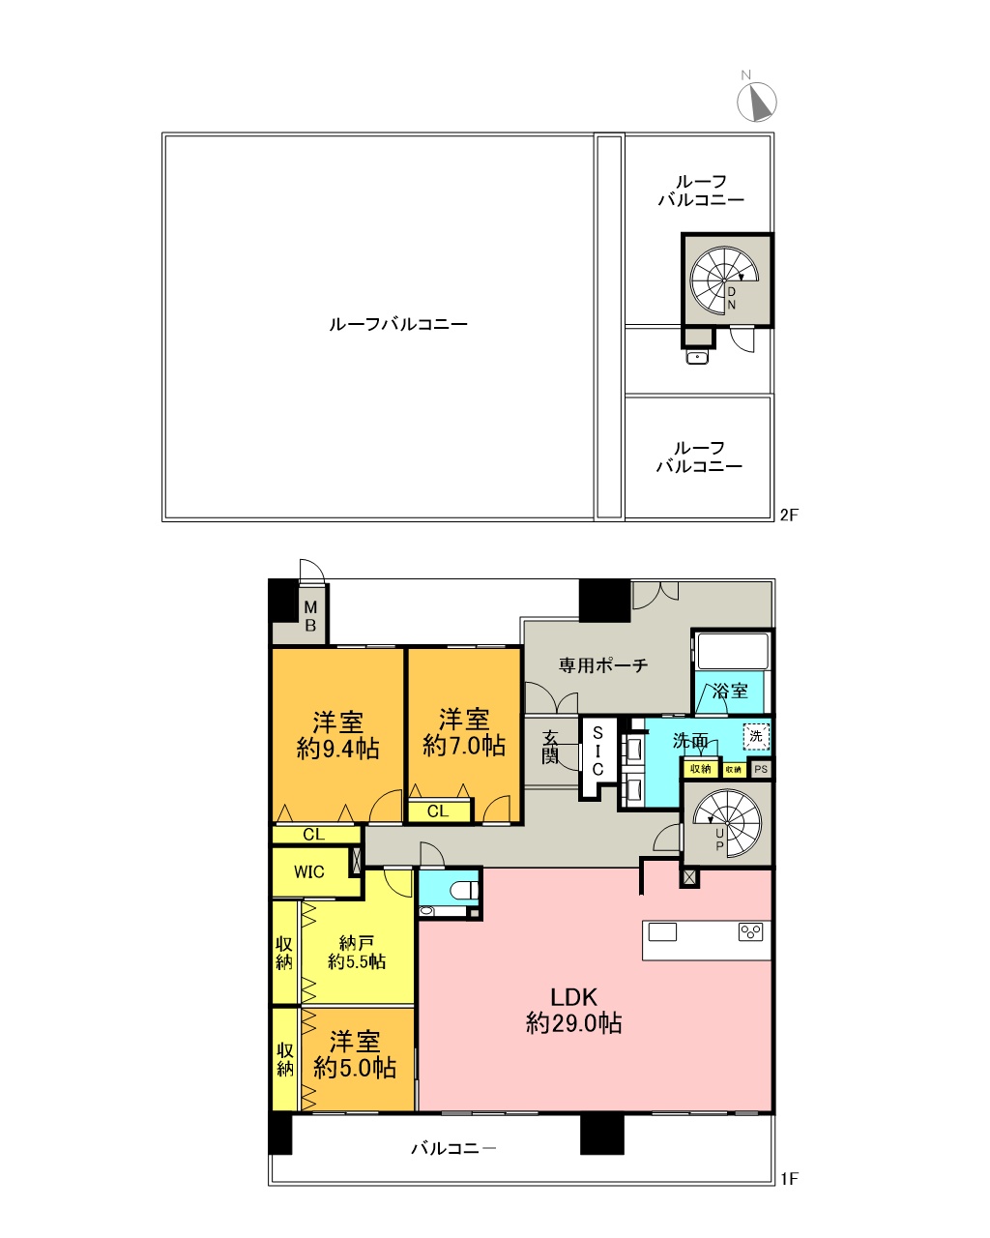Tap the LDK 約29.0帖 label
(573, 1010)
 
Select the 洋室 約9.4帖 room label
(337, 734)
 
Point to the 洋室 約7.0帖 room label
(464, 731)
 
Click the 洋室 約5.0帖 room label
(355, 1055)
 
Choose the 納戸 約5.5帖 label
(356, 952)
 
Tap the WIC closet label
(309, 871)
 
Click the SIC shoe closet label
(597, 751)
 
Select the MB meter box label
(310, 616)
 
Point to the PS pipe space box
(762, 770)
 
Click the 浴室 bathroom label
(730, 691)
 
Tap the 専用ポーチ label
(603, 665)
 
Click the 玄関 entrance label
(549, 747)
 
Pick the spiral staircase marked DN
(725, 280)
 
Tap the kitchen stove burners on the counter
(751, 932)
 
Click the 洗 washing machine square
(756, 736)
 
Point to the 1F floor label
(789, 1178)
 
